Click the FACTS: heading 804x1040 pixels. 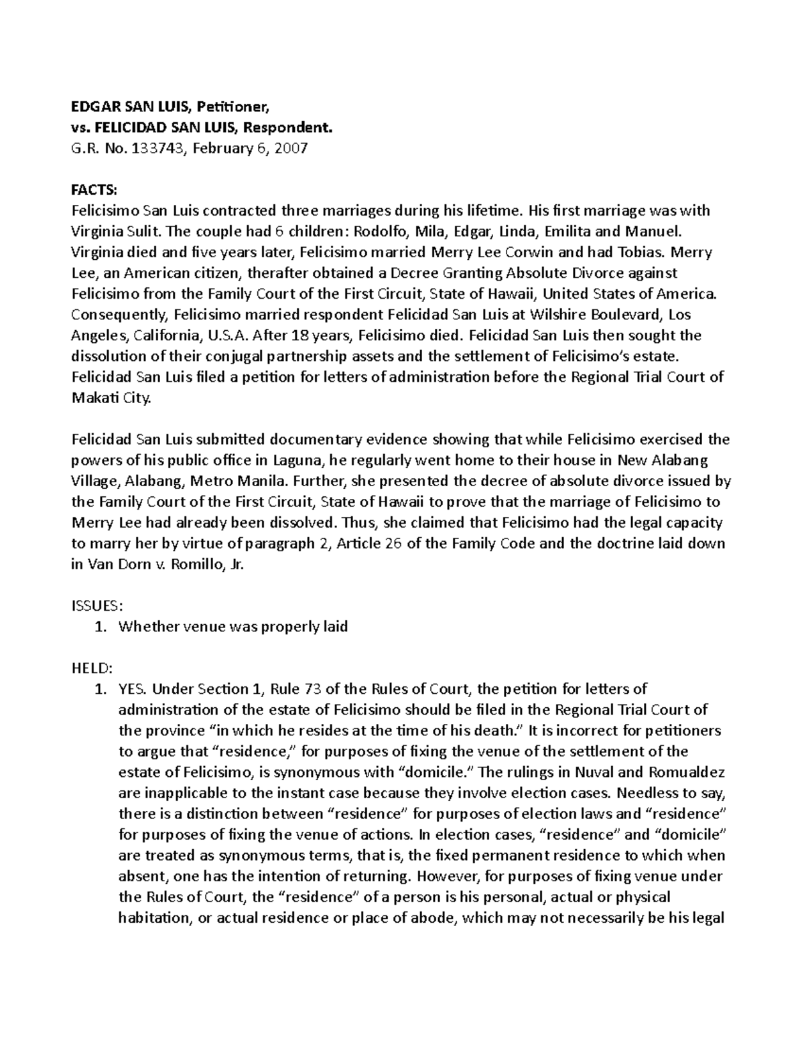94,190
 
